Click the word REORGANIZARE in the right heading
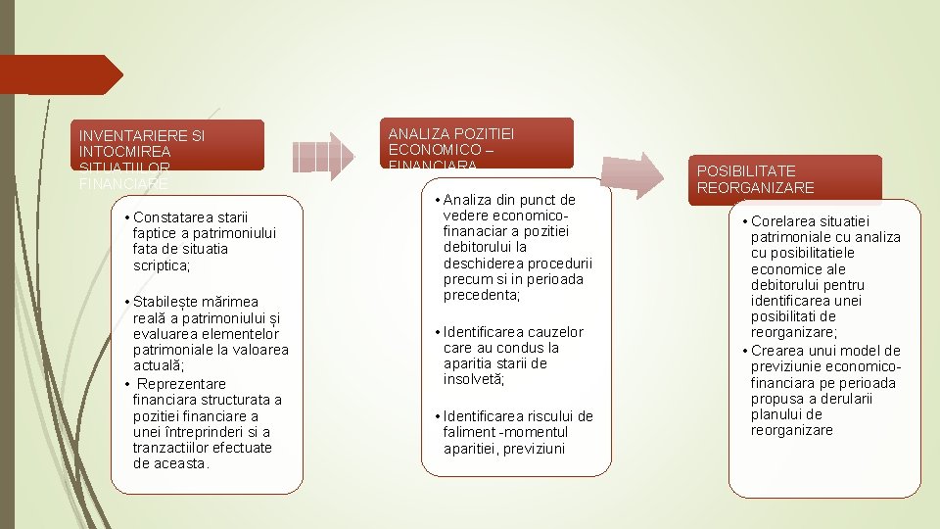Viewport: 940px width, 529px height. tap(755, 187)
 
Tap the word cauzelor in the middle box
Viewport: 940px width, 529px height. tap(553, 332)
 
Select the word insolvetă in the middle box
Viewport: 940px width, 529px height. tap(473, 379)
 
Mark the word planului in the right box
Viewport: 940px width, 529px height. tap(776, 414)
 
